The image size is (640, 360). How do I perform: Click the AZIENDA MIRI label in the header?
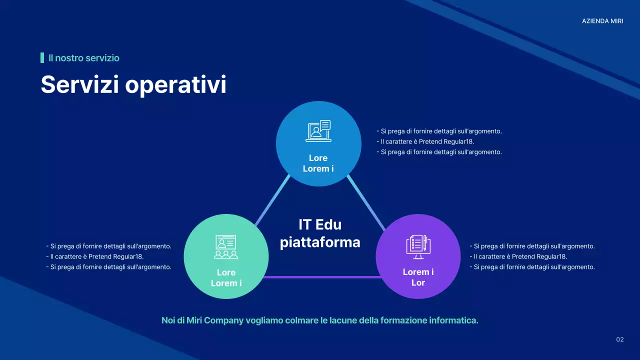(602, 21)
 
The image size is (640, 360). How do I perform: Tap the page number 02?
(619, 340)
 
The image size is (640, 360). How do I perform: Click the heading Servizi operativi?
(133, 84)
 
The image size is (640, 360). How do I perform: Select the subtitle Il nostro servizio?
(83, 58)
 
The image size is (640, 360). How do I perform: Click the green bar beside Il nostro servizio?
(42, 58)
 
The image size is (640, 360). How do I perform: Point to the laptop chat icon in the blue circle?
(318, 131)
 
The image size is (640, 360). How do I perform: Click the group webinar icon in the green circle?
(226, 247)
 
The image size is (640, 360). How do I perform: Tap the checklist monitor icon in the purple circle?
(418, 247)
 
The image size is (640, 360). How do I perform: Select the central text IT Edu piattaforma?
(320, 233)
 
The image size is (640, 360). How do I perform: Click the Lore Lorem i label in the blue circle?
(318, 163)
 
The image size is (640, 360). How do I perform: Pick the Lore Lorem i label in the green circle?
(226, 278)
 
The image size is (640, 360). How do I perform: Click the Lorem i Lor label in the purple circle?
(418, 277)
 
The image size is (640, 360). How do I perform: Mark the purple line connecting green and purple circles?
(322, 276)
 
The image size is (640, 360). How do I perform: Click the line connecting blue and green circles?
(272, 200)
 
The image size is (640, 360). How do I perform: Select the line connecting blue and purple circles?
(366, 202)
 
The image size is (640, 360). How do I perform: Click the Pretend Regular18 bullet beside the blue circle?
(425, 141)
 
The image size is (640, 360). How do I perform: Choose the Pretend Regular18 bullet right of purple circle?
(518, 256)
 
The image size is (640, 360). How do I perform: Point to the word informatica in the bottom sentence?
(453, 320)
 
